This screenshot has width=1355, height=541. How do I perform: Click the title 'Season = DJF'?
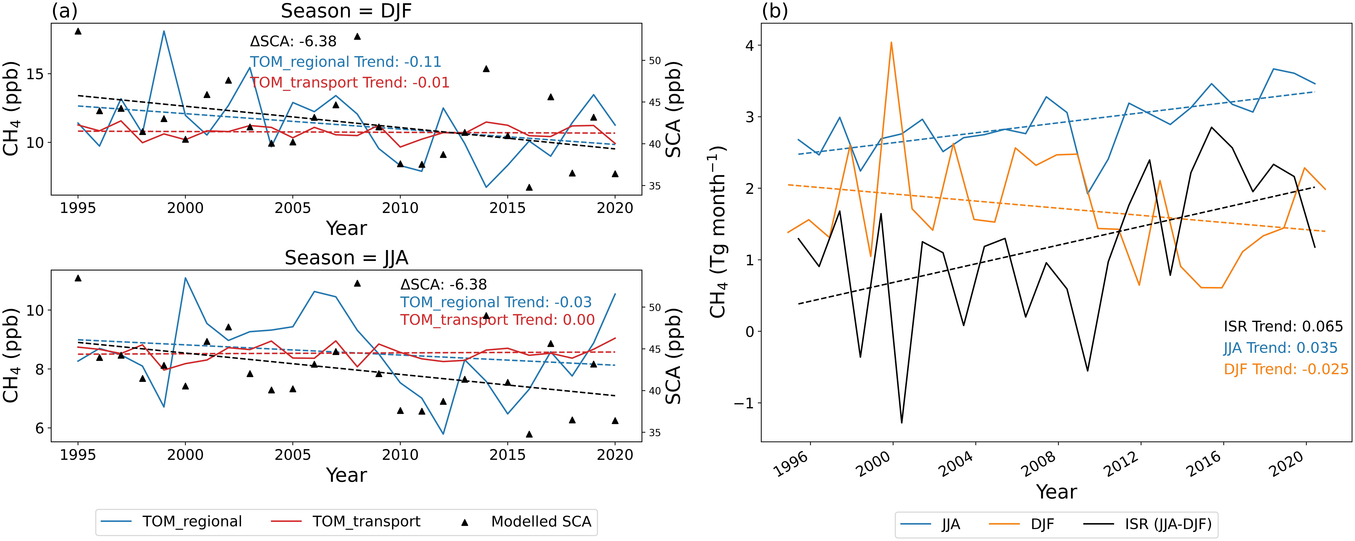[346, 11]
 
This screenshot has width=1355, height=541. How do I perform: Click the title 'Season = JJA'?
[346, 258]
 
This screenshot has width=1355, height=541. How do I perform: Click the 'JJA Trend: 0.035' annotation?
[1280, 348]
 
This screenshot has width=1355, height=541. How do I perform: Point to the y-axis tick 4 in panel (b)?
[749, 46]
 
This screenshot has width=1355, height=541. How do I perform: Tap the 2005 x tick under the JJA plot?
[292, 455]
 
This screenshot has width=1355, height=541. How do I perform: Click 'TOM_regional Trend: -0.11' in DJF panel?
[345, 62]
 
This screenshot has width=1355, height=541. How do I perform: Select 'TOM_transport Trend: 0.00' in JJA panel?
[497, 320]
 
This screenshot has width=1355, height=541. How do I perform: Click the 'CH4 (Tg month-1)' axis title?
[718, 232]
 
